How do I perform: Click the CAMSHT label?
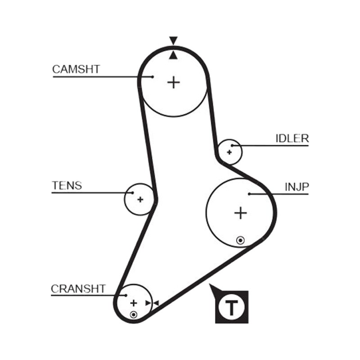click(x=76, y=69)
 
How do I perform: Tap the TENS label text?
click(x=67, y=185)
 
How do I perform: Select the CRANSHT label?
click(x=78, y=289)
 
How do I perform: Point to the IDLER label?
click(x=292, y=139)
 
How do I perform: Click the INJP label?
click(x=297, y=187)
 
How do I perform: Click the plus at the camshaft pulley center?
click(x=174, y=82)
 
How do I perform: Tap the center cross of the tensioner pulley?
click(x=140, y=199)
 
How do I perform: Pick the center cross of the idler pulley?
click(x=229, y=152)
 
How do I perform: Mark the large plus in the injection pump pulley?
click(x=240, y=213)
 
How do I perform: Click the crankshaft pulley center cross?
click(x=134, y=303)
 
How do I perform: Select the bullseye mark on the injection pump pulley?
click(x=240, y=240)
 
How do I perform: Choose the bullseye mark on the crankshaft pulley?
click(x=133, y=315)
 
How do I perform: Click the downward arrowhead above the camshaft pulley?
click(x=173, y=40)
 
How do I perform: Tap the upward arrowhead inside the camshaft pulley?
click(x=173, y=55)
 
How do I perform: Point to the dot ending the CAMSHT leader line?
click(x=153, y=77)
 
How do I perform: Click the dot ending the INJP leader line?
click(x=249, y=194)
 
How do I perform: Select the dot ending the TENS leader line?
click(x=132, y=193)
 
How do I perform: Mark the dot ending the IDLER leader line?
click(x=232, y=145)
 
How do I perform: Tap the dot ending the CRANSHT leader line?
click(x=126, y=295)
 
